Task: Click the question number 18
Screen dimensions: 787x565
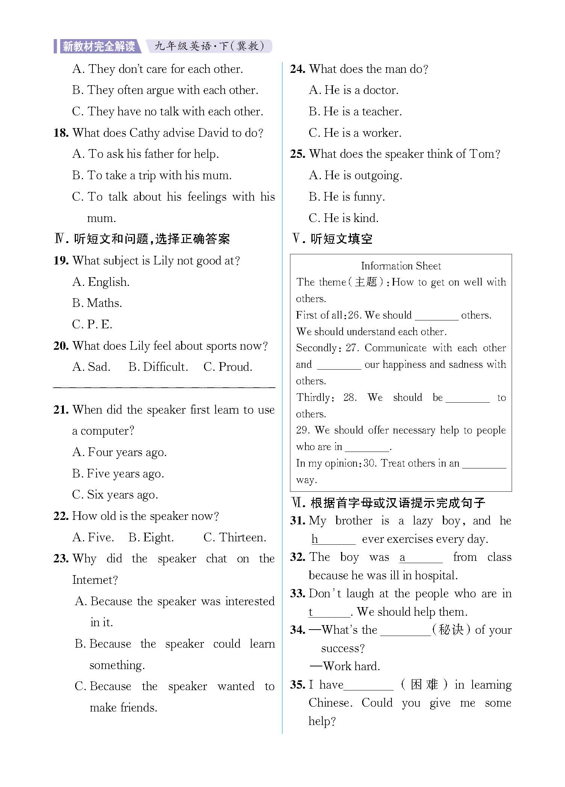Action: [x=61, y=133]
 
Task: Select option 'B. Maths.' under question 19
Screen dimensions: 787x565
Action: [x=97, y=303]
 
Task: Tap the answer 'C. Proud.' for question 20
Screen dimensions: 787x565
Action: [x=228, y=367]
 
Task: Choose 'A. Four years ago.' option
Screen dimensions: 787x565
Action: [x=119, y=452]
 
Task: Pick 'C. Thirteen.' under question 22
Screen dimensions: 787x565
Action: [x=234, y=538]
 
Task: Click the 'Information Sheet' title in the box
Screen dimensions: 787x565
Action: [x=401, y=266]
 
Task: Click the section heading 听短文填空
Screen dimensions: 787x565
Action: [x=341, y=239]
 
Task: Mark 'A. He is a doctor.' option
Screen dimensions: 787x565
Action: [x=354, y=90]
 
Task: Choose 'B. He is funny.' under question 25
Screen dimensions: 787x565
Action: [x=347, y=197]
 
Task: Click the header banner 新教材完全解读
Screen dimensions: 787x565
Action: [x=98, y=46]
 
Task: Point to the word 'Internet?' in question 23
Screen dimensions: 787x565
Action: [x=95, y=580]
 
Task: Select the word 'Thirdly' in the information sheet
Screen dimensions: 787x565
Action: [x=313, y=397]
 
